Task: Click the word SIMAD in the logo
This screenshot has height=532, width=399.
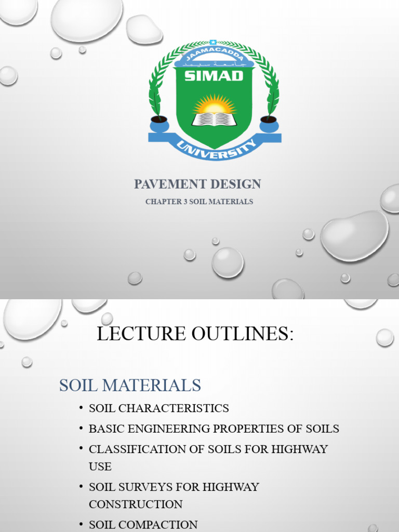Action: click(214, 76)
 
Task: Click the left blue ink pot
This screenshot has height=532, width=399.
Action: click(159, 124)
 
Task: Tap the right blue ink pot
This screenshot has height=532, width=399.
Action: click(269, 124)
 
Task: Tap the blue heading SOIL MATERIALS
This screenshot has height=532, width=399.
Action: click(130, 385)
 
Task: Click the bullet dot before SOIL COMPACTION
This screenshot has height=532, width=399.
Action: click(82, 524)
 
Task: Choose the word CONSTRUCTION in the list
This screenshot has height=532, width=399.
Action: click(136, 504)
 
